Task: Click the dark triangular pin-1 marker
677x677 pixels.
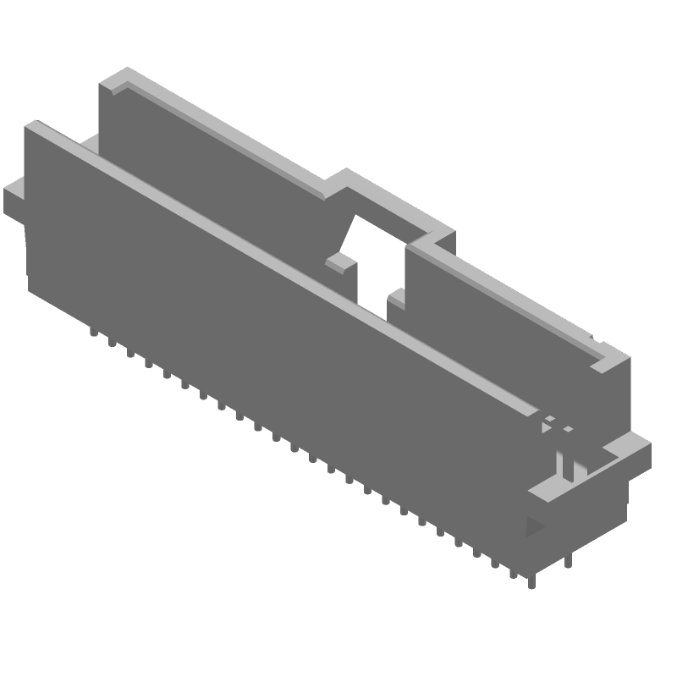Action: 534,527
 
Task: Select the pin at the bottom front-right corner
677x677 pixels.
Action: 531,581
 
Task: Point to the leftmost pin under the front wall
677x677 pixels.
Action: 92,333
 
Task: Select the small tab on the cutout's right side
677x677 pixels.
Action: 397,298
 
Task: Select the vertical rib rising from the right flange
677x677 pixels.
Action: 564,465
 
